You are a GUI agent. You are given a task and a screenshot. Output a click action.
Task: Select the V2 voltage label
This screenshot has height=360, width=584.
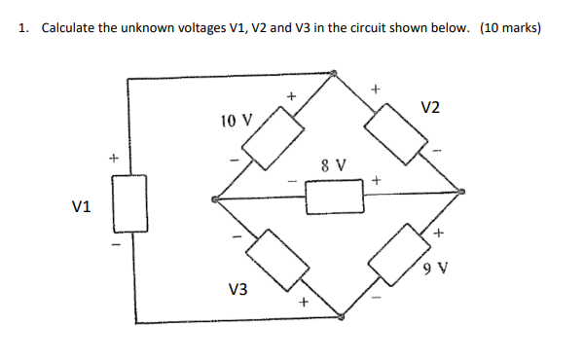(x=431, y=107)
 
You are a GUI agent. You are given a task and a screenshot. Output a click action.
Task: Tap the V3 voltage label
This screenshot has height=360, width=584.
(x=237, y=289)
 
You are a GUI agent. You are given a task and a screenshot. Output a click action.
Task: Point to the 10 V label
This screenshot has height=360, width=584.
(x=236, y=122)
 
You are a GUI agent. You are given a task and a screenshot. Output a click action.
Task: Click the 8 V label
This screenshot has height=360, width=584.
(x=335, y=163)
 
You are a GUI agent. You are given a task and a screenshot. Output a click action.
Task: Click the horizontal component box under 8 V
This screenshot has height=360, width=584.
(x=334, y=198)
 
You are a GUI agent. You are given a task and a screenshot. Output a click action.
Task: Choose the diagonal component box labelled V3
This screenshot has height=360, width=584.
(x=277, y=261)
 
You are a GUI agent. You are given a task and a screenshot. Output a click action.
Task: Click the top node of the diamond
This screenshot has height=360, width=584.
(x=334, y=73)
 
